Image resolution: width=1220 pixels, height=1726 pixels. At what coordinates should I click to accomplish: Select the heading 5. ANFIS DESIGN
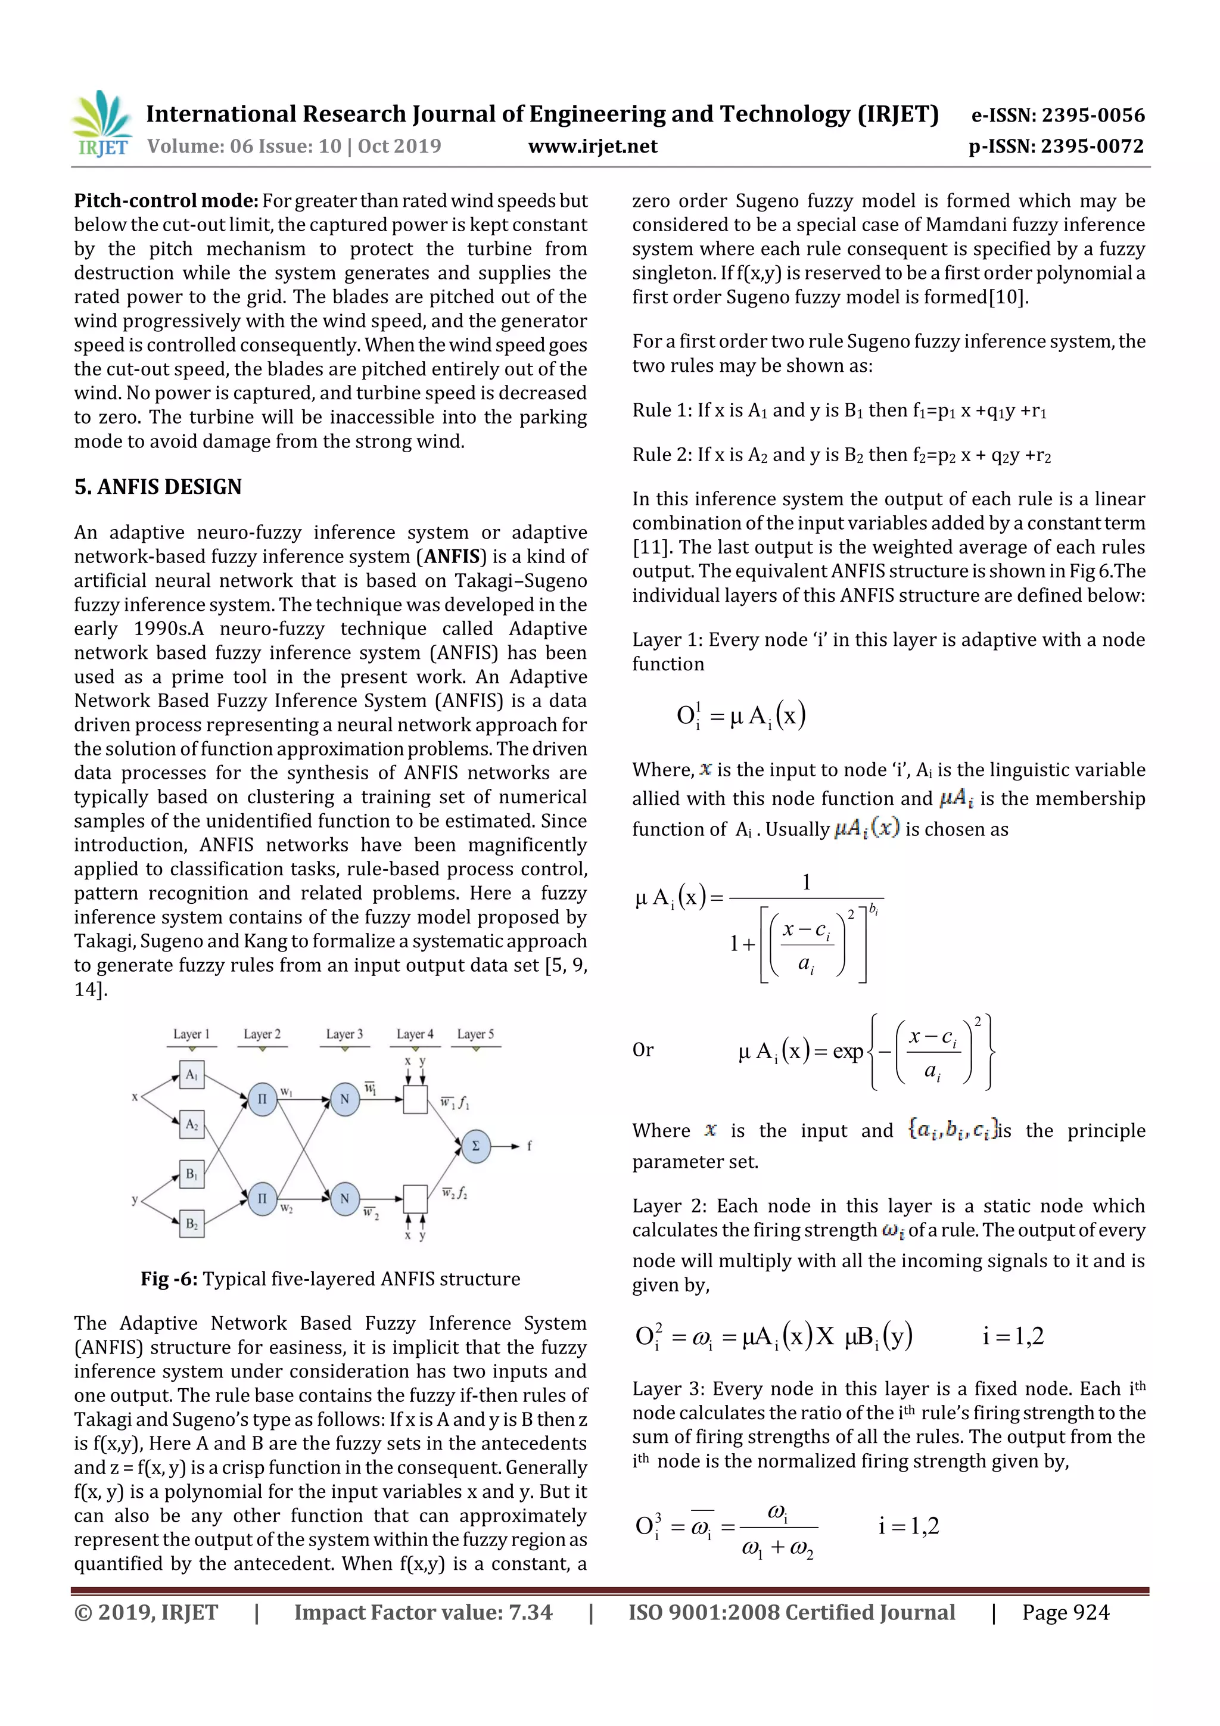pos(158,487)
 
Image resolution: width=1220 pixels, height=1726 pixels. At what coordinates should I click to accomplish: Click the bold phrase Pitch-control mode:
pos(166,201)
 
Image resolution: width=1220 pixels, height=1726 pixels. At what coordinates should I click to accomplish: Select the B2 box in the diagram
pos(192,1224)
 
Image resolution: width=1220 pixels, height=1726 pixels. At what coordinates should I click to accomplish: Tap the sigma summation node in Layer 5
pos(475,1146)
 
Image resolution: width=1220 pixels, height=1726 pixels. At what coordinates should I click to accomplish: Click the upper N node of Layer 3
pos(345,1099)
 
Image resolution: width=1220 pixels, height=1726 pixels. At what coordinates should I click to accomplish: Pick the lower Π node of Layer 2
pos(262,1198)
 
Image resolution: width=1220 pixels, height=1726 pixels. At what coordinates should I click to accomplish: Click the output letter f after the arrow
pos(529,1146)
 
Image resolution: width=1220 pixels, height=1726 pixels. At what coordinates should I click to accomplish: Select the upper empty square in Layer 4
pos(415,1099)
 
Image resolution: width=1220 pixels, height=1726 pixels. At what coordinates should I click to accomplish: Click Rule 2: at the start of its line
pos(661,455)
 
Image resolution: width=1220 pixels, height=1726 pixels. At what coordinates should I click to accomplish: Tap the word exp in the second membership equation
pos(848,1051)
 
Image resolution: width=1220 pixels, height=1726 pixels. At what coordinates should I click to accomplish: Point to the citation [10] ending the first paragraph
pos(1007,298)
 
